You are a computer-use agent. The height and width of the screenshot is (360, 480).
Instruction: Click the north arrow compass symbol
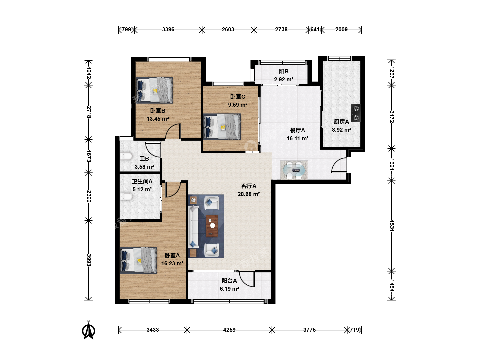pyautogui.click(x=89, y=330)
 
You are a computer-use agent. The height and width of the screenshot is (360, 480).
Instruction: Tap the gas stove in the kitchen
pyautogui.click(x=356, y=113)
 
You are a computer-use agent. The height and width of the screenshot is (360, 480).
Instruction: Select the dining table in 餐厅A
pyautogui.click(x=294, y=170)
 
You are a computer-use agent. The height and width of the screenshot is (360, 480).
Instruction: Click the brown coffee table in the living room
pyautogui.click(x=212, y=226)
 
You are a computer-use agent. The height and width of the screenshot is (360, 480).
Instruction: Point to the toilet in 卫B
pyautogui.click(x=126, y=156)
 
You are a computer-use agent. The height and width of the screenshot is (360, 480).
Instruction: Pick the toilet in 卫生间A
pyautogui.click(x=126, y=197)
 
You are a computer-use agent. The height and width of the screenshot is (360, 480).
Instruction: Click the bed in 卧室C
pyautogui.click(x=222, y=127)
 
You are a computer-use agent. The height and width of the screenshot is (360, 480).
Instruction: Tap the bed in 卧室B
pyautogui.click(x=154, y=90)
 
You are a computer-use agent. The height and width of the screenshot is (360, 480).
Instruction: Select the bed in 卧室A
pyautogui.click(x=138, y=260)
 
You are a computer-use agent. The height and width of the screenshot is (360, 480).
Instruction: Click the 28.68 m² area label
pyautogui.click(x=249, y=194)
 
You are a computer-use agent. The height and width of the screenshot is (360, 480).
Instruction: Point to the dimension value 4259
pyautogui.click(x=229, y=330)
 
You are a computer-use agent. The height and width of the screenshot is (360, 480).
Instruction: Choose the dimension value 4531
pyautogui.click(x=392, y=226)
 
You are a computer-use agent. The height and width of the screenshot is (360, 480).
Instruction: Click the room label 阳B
pyautogui.click(x=284, y=71)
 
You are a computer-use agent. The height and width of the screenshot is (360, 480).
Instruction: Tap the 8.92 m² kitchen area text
pyautogui.click(x=342, y=130)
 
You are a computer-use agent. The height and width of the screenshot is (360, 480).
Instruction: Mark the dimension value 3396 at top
pyautogui.click(x=168, y=30)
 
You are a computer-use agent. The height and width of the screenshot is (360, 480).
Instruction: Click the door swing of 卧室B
pyautogui.click(x=173, y=131)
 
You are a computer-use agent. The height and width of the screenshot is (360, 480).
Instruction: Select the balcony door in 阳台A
pyautogui.click(x=247, y=279)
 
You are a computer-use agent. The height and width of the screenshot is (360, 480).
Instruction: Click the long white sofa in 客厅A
pyautogui.click(x=193, y=227)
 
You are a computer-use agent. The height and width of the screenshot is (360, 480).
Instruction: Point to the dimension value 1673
pyautogui.click(x=89, y=156)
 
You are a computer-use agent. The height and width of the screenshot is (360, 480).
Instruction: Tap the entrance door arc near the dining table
pyautogui.click(x=339, y=165)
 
